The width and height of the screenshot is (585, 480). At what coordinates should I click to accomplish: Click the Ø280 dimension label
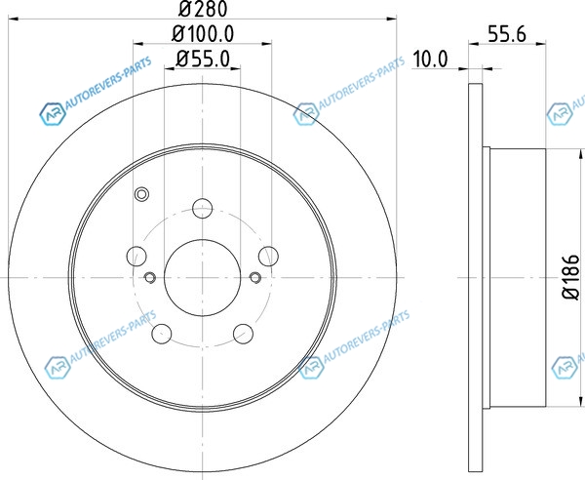[203, 9]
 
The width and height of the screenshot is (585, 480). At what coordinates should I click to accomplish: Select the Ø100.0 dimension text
[203, 34]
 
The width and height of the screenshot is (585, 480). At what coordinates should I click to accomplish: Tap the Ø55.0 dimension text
[203, 59]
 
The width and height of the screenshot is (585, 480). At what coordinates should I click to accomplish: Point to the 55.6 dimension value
[507, 34]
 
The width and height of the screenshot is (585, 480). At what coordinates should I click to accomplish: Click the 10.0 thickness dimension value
[430, 60]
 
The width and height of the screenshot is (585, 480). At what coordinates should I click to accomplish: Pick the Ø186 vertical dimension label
[570, 277]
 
